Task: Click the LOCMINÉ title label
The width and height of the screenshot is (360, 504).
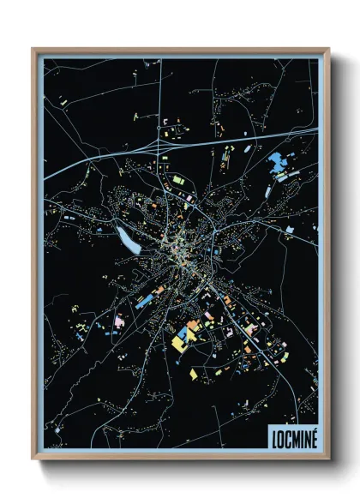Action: (x=291, y=437)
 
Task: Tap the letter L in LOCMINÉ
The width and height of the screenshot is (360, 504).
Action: (x=273, y=437)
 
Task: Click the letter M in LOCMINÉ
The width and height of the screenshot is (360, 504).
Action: (x=292, y=437)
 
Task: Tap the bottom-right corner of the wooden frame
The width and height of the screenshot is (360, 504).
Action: (x=328, y=461)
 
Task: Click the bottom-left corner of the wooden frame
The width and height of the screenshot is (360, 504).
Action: (x=33, y=461)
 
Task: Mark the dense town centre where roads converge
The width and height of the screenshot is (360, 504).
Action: (x=180, y=249)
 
